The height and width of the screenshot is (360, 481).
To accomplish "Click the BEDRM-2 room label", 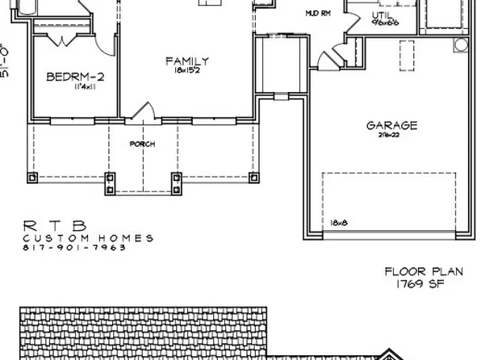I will [x=73, y=77].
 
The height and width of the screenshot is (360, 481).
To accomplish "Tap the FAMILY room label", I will [x=187, y=61].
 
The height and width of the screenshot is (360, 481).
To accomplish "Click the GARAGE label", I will [x=391, y=125].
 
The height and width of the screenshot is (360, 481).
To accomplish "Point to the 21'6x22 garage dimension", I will [x=391, y=136].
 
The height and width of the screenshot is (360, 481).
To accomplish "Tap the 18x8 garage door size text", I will [x=338, y=222].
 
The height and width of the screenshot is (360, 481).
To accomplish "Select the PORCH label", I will [x=142, y=144].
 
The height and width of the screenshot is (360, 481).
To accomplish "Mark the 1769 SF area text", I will [x=415, y=284].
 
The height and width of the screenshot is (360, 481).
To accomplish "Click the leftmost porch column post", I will [x=32, y=178].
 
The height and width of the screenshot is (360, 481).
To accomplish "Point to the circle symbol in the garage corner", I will [x=461, y=44].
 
